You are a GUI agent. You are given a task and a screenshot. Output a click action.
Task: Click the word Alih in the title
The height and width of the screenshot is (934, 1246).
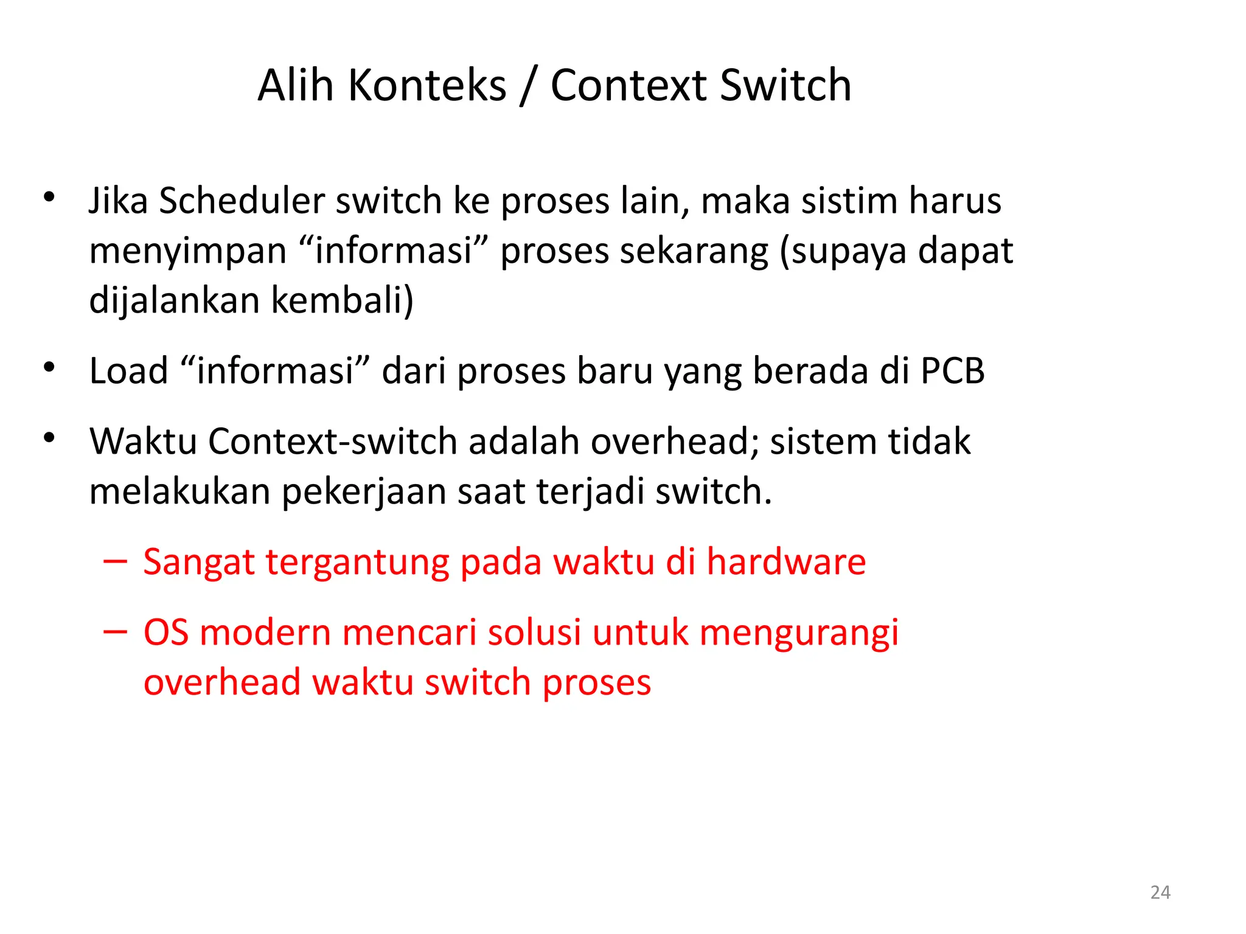pos(296,85)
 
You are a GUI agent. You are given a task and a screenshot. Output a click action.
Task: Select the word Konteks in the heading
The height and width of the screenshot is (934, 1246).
pos(427,85)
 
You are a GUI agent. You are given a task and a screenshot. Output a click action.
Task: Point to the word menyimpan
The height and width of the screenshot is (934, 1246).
pos(187,252)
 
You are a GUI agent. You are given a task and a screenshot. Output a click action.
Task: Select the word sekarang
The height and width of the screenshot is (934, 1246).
pos(694,252)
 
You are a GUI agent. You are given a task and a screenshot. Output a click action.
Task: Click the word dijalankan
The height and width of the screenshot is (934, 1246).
pos(174,300)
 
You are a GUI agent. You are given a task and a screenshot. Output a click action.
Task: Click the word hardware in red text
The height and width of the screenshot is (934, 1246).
pos(785,562)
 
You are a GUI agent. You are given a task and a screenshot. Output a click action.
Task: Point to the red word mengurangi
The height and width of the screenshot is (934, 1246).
pos(799,634)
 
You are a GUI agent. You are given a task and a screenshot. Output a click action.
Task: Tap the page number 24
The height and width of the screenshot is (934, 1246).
pos(1160,893)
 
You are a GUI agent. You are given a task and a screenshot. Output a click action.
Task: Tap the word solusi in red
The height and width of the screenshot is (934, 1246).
pos(534,632)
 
